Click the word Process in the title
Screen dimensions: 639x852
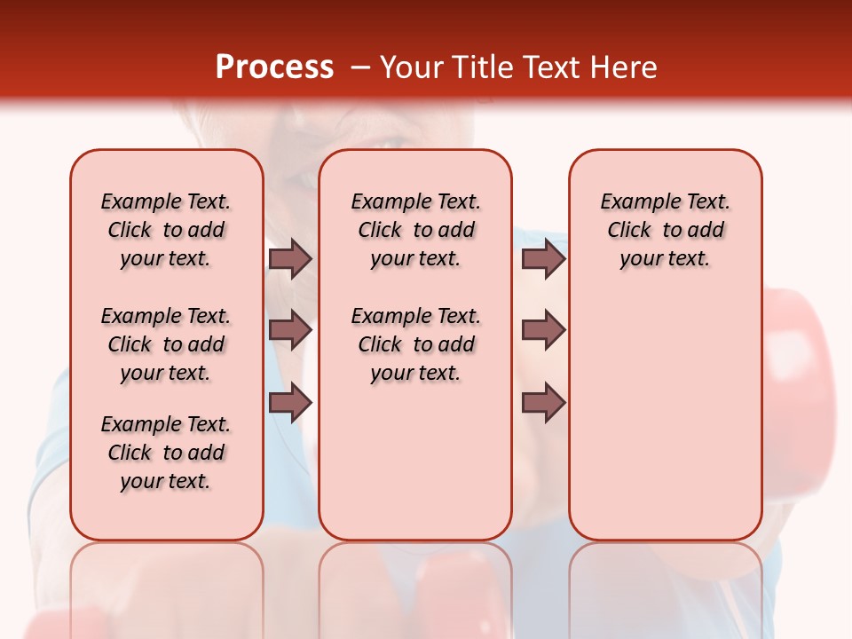(x=274, y=67)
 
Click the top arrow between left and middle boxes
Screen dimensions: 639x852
(x=290, y=258)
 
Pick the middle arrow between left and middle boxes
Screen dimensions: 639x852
(x=290, y=330)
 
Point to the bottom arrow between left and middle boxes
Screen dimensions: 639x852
(x=290, y=402)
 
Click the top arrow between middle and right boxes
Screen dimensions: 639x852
(x=543, y=258)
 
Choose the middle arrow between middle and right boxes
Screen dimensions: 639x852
(x=543, y=330)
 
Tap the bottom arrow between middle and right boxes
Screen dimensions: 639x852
(x=543, y=402)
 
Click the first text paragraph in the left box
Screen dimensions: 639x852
(x=166, y=230)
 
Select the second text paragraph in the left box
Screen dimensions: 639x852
(x=166, y=344)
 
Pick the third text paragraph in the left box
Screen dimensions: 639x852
(x=166, y=453)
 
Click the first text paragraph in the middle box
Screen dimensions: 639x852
(x=415, y=230)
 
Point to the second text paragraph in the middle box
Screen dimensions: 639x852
(x=415, y=344)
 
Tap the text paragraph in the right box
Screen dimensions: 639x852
(x=665, y=230)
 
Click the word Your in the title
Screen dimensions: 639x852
(x=412, y=67)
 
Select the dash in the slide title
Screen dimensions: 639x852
(x=360, y=68)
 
